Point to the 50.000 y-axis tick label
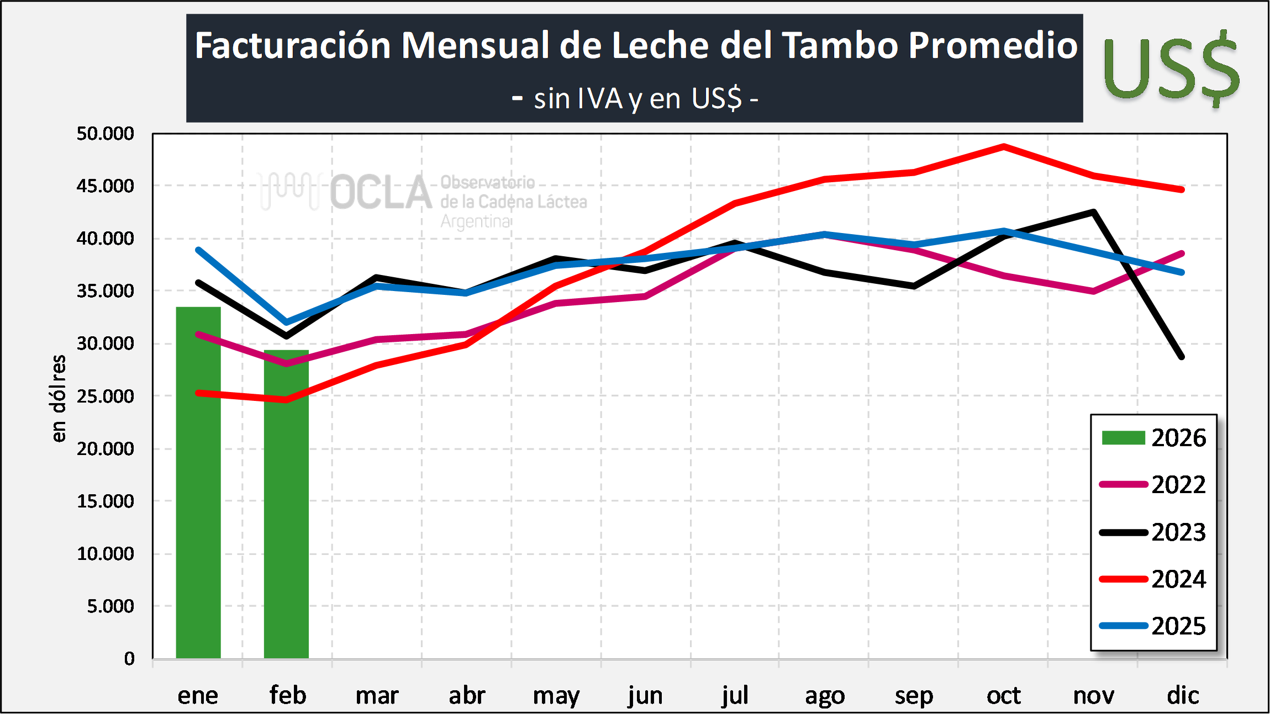click(105, 134)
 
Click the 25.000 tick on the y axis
click(105, 396)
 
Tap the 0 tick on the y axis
click(129, 659)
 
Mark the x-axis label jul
click(735, 696)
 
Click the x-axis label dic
click(1183, 696)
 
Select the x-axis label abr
click(467, 696)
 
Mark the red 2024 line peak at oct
click(1004, 146)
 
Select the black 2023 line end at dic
click(1182, 357)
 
